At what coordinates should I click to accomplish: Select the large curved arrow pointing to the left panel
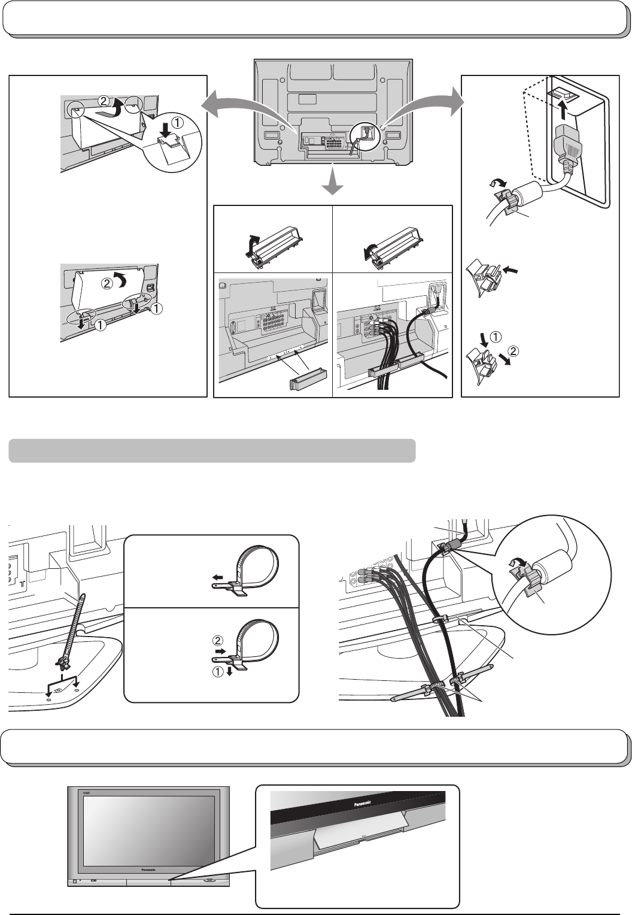click(x=245, y=107)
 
